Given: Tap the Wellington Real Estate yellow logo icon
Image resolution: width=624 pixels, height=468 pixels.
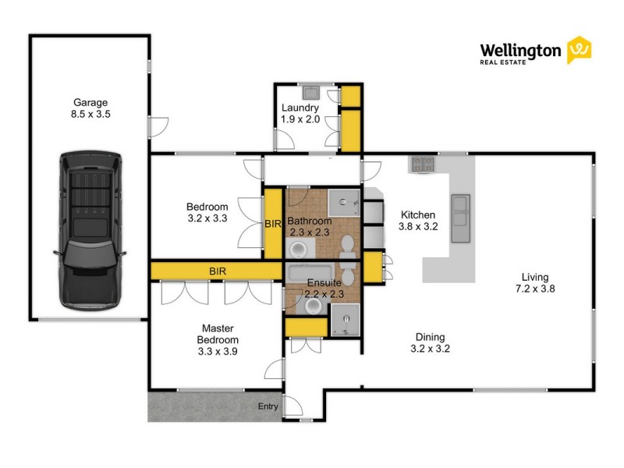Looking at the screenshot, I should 579,50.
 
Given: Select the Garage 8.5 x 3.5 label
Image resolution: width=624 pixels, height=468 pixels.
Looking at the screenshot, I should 90,108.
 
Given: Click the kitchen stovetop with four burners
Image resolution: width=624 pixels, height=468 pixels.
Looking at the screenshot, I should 423,164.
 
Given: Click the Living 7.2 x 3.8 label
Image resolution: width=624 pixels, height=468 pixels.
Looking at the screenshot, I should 536,282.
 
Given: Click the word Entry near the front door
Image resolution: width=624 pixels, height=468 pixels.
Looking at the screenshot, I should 268,406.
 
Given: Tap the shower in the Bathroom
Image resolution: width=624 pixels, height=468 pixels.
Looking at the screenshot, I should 344,203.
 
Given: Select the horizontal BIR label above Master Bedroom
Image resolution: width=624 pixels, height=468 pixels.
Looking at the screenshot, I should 218,271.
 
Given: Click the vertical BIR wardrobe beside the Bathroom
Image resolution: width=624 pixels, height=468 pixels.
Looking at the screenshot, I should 272,223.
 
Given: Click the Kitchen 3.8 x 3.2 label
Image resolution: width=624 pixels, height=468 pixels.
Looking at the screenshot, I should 418,221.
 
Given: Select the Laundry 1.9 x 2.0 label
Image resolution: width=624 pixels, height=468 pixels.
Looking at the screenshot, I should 300,113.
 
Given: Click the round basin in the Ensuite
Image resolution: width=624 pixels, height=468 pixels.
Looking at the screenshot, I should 314,307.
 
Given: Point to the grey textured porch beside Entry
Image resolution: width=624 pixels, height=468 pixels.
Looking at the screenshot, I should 203,406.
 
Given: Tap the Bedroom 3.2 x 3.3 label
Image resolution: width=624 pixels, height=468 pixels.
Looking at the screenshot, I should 207,212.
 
